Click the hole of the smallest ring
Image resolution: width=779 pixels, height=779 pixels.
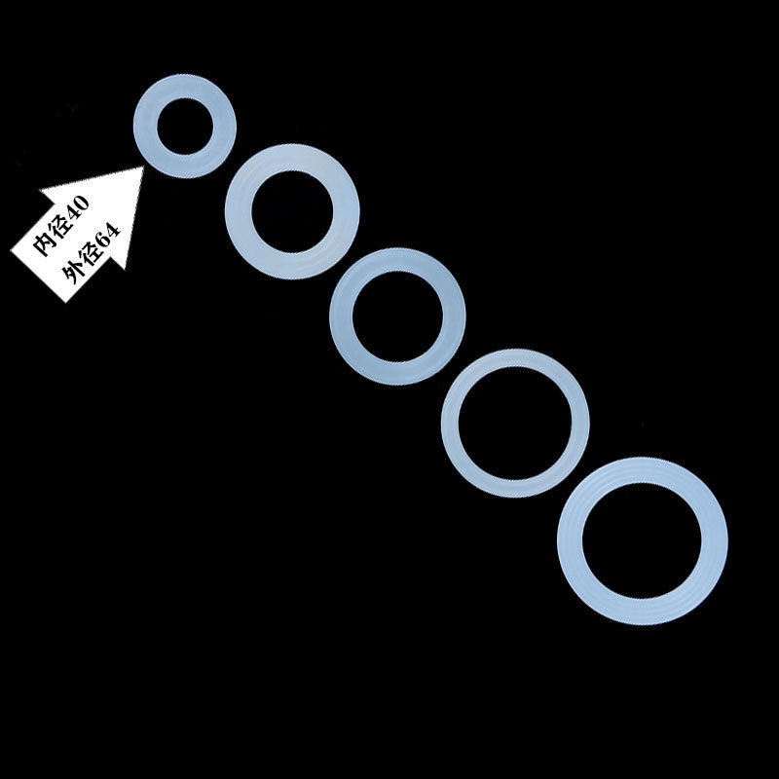(183, 125)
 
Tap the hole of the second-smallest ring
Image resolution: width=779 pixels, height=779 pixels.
(291, 214)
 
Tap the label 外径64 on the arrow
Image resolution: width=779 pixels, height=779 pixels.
(91, 254)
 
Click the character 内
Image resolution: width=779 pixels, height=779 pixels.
(43, 245)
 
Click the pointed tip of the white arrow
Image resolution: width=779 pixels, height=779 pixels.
(143, 168)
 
